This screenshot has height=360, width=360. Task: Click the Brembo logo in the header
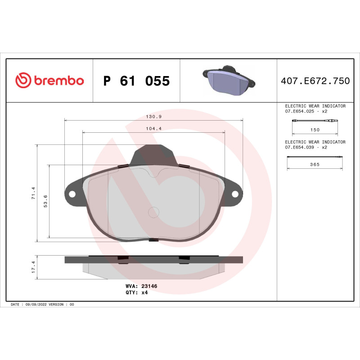click(49, 81)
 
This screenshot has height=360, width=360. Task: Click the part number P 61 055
click(136, 81)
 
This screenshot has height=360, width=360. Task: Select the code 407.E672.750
click(315, 81)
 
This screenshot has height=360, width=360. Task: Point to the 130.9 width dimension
click(153, 117)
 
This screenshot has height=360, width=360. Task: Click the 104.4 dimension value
click(153, 129)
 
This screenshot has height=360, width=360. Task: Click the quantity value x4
click(144, 292)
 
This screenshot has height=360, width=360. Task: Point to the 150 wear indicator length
click(315, 130)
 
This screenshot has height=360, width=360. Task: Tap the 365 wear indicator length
click(315, 165)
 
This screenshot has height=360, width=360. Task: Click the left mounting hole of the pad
click(72, 194)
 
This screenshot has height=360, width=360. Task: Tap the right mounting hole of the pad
click(235, 194)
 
